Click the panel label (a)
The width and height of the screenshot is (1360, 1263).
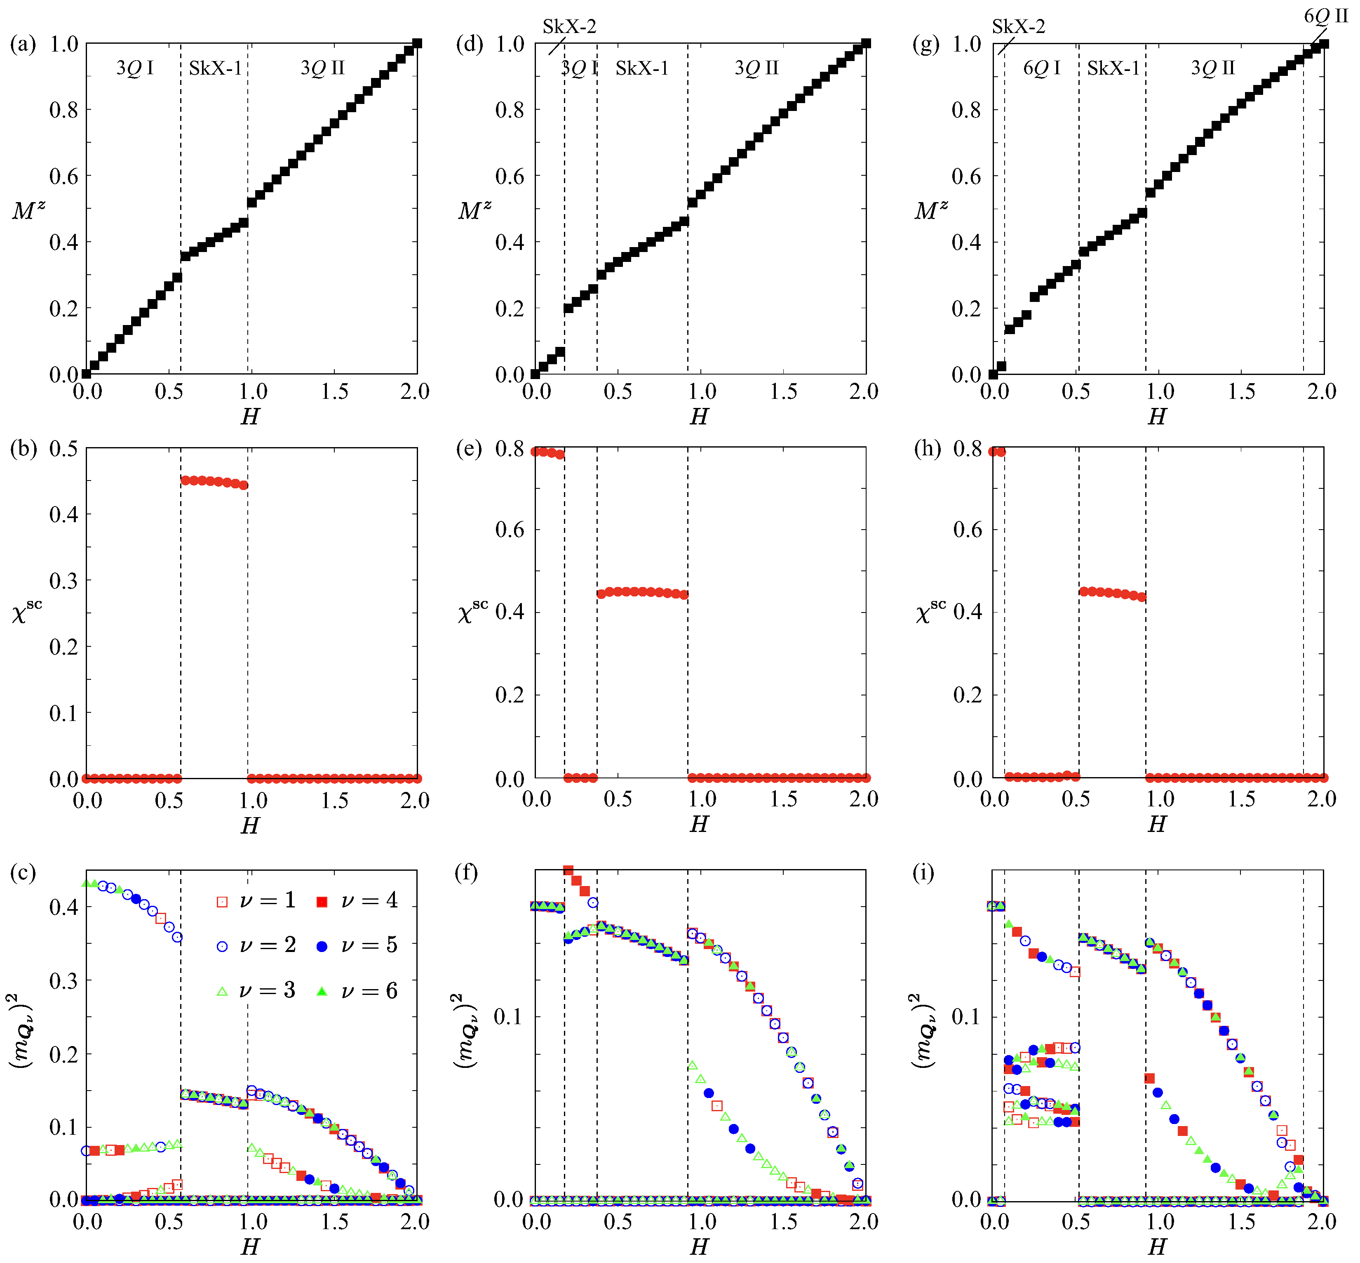[23, 45]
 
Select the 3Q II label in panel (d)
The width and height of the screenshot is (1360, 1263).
[756, 68]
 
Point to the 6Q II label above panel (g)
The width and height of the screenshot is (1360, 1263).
[1325, 16]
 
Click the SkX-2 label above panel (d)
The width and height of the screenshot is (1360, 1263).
[569, 27]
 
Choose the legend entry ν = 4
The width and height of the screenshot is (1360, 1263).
[357, 901]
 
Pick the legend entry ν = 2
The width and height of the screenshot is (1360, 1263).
[256, 945]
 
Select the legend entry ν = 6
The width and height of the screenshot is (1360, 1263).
[357, 991]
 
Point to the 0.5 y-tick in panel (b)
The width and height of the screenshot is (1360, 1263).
[63, 449]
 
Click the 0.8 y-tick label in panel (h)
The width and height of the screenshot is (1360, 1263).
[967, 449]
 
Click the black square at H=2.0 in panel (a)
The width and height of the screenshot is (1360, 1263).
[417, 44]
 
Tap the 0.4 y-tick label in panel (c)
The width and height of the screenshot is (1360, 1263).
[63, 907]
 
